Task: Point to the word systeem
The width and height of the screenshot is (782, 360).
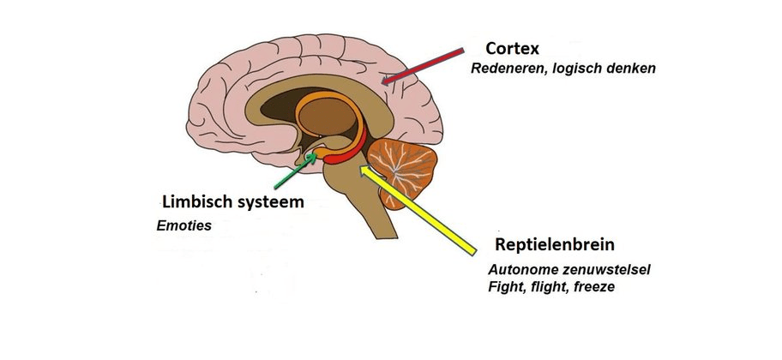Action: click(x=269, y=202)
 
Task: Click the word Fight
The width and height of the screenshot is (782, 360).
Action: click(x=505, y=287)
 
